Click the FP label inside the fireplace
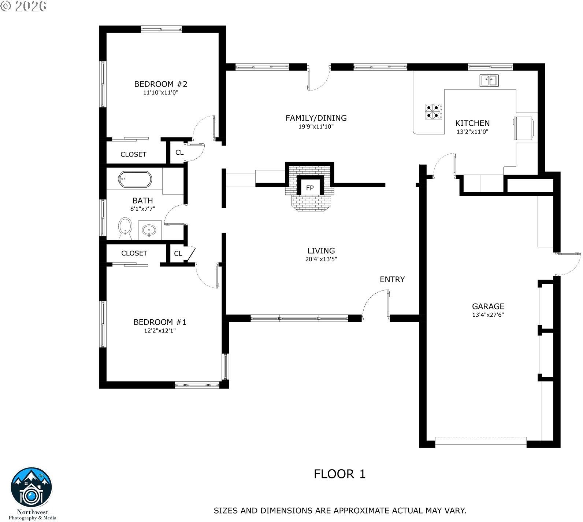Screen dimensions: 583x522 (x=310, y=188)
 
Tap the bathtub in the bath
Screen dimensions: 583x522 (x=134, y=179)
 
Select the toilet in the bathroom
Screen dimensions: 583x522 (x=125, y=229)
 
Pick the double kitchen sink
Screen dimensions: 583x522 (x=489, y=80)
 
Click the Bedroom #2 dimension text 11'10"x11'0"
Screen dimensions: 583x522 (x=161, y=93)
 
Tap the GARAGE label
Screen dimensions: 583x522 (x=488, y=306)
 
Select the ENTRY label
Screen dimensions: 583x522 (x=392, y=279)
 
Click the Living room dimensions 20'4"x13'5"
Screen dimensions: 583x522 (x=321, y=259)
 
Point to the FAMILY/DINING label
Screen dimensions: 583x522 (x=316, y=118)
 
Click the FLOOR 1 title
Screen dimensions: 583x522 (x=340, y=474)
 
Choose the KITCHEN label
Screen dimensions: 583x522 (x=472, y=123)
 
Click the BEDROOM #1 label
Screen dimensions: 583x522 (x=160, y=322)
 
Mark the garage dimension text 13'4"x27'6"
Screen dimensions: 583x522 (x=488, y=315)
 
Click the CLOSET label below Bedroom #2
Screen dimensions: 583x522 (x=133, y=154)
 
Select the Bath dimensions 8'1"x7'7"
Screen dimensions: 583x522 (x=143, y=209)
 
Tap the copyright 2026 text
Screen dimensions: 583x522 (x=24, y=6)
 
